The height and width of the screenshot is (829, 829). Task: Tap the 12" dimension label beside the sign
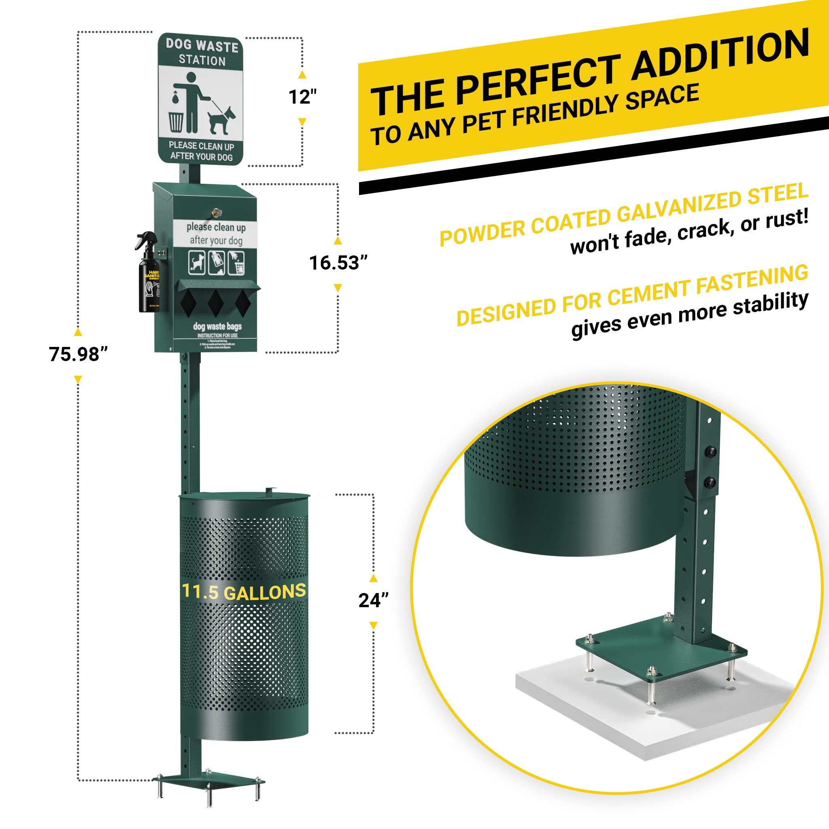302,98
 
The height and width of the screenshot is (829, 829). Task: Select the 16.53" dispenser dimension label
338,263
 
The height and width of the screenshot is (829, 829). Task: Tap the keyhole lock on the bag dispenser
216,212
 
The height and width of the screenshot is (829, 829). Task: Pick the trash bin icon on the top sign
176,122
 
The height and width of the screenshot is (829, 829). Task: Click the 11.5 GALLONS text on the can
244,592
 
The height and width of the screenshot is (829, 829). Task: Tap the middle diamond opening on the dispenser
215,303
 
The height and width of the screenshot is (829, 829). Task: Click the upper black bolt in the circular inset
710,452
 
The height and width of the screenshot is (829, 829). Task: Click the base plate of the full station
208,780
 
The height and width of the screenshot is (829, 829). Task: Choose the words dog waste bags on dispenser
217,327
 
